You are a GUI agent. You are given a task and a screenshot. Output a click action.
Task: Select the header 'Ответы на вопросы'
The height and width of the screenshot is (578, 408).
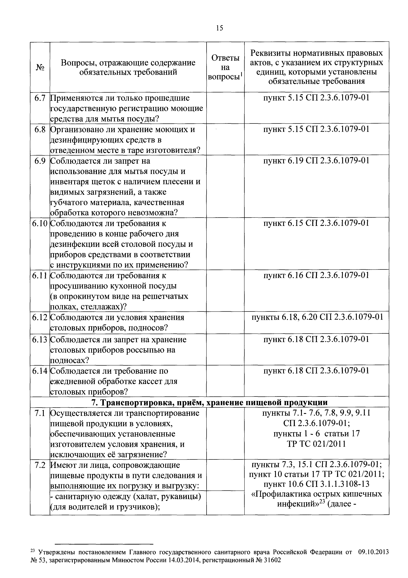225,67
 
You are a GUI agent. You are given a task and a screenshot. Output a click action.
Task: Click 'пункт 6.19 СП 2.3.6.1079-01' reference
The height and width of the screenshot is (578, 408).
316,161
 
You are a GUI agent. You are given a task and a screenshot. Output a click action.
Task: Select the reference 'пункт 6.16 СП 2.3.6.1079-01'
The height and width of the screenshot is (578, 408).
316,275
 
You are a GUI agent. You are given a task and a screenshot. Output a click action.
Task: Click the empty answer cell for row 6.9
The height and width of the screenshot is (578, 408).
225,186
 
